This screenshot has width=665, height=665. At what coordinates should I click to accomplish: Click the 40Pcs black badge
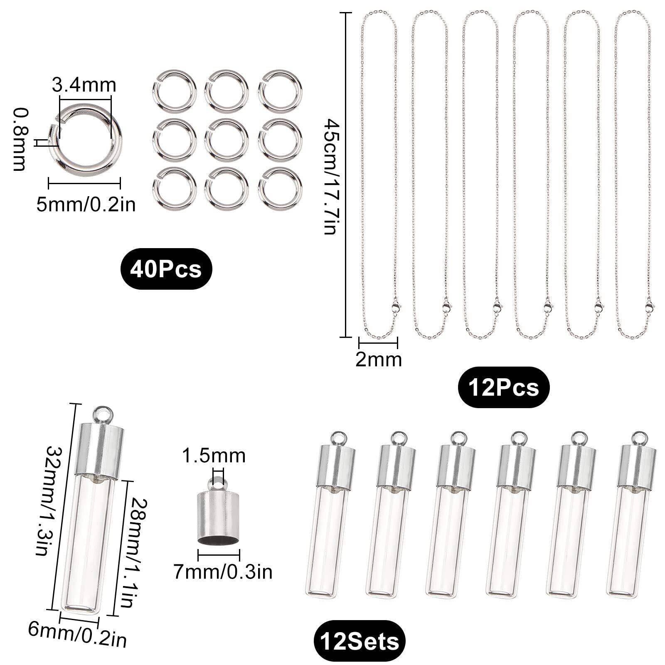(166, 269)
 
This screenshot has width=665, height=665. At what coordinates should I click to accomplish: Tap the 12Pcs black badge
(503, 387)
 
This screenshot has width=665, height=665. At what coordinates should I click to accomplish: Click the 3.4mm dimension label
(84, 85)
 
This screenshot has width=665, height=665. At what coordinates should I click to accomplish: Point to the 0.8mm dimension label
(20, 139)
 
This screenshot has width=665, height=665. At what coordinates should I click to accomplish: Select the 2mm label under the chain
(379, 360)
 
